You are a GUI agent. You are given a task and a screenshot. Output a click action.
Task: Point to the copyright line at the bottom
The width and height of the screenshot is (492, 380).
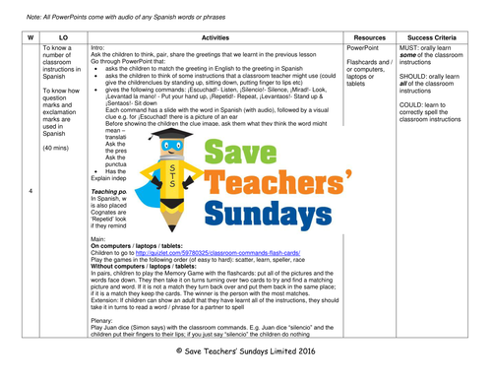(246, 363)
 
